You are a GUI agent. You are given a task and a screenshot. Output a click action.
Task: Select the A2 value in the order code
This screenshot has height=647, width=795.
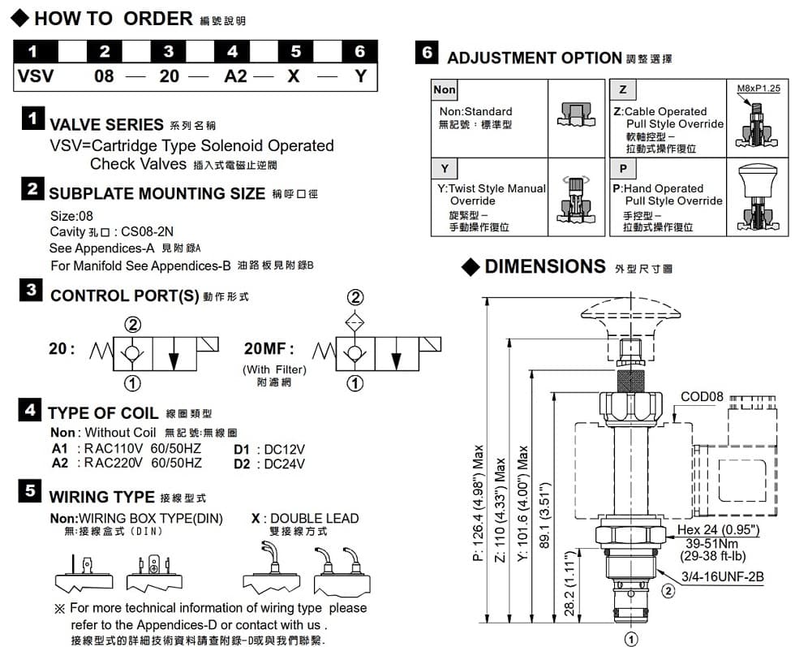[235, 79]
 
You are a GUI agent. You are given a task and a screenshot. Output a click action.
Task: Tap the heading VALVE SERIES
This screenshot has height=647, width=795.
[106, 124]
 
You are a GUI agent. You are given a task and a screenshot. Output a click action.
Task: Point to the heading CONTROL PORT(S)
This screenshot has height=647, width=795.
[124, 295]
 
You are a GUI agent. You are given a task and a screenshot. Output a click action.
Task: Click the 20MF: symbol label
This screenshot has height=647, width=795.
[264, 348]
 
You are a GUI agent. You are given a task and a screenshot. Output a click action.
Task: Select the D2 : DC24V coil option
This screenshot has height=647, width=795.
[269, 464]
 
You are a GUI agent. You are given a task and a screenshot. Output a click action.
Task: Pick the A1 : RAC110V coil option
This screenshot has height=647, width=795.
[126, 449]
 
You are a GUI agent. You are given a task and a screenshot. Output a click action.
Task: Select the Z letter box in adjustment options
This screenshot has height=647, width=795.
[622, 89]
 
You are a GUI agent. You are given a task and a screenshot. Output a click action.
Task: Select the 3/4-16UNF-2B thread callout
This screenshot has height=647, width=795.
[722, 576]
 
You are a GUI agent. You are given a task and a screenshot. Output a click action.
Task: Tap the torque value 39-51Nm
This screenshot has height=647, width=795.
[711, 544]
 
